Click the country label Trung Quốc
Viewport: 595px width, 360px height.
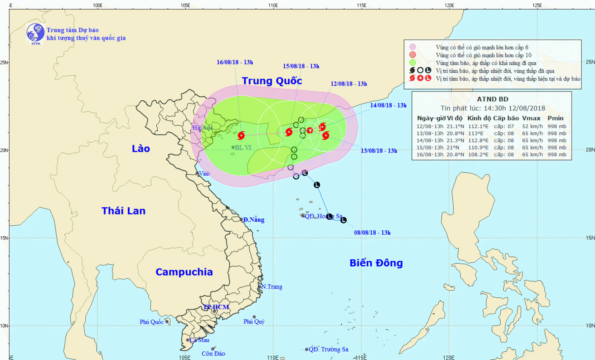point(272,81)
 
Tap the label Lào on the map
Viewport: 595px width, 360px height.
point(141,149)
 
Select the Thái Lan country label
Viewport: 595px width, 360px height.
point(123,211)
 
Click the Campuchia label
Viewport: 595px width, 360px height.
point(184,272)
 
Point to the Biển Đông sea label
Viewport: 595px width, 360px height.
point(376,263)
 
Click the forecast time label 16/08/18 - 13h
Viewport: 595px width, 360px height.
point(234,62)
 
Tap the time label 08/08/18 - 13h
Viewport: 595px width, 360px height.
point(372,233)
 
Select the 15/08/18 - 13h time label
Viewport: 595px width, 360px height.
point(301,66)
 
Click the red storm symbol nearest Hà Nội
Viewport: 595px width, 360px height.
point(241,136)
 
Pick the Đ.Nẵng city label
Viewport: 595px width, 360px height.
point(253,220)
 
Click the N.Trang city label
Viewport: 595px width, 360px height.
point(272,287)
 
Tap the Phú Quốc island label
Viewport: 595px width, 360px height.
point(152,322)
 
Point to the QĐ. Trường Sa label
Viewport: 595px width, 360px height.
point(328,349)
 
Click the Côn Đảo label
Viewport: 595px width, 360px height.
point(213,354)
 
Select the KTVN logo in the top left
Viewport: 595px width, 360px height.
point(35,33)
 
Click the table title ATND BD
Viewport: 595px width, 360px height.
point(492,99)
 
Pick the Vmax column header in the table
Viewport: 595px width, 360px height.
point(531,118)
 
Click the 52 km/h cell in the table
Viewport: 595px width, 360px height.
point(532,126)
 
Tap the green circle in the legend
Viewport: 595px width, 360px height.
point(413,63)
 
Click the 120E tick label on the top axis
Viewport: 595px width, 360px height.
point(449,5)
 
